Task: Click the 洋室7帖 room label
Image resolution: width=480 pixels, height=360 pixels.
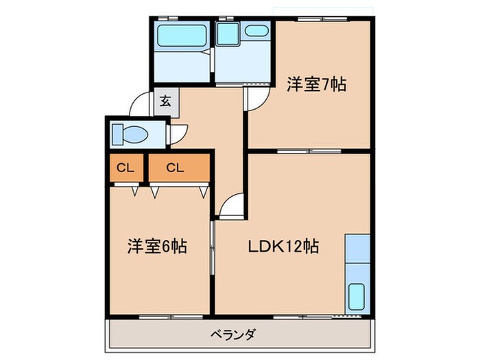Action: (315, 85)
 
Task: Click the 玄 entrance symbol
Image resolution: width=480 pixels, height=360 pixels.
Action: (166, 101)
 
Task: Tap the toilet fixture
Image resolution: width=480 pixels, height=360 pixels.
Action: (129, 134)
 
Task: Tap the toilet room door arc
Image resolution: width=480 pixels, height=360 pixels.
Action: (178, 134)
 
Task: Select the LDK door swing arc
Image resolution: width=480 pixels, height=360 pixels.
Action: (231, 206)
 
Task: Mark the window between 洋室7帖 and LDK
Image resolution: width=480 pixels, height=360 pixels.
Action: (309, 150)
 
